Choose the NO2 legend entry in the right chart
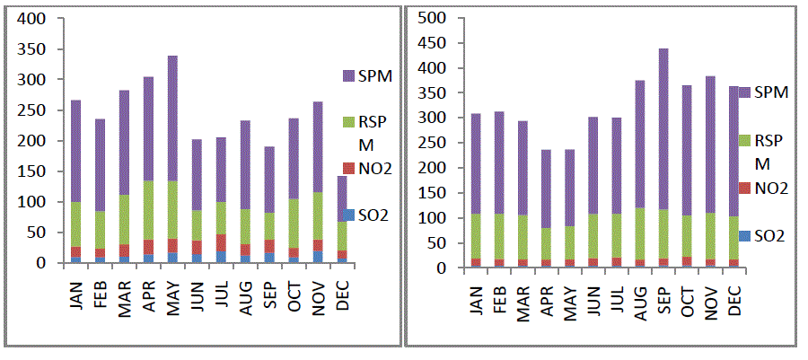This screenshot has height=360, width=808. click(770, 188)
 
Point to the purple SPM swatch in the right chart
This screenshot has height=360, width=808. click(745, 92)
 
